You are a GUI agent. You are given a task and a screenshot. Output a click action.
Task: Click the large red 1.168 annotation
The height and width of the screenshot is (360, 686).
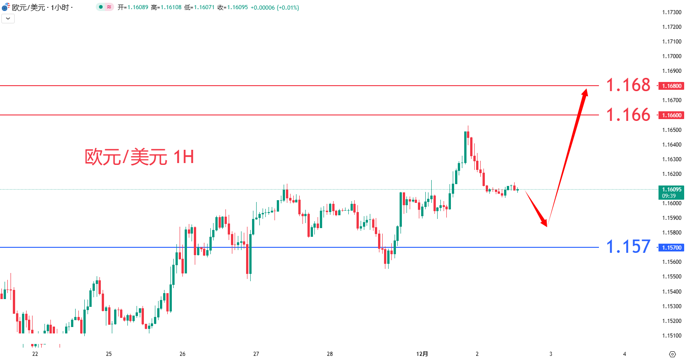click(x=628, y=85)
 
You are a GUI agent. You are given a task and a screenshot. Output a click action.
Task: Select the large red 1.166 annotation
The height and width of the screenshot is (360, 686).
click(x=628, y=115)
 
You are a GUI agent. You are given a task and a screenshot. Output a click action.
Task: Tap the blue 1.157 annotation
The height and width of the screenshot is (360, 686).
click(x=628, y=247)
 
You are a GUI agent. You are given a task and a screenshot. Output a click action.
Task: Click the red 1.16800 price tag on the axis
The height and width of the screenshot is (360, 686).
click(x=671, y=86)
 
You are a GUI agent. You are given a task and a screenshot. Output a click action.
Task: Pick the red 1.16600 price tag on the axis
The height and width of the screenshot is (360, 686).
click(x=671, y=115)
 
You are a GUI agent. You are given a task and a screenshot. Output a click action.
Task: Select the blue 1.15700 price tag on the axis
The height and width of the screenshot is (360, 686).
click(x=671, y=247)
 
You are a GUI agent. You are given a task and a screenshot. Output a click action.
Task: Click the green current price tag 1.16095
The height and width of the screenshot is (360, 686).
click(x=671, y=189)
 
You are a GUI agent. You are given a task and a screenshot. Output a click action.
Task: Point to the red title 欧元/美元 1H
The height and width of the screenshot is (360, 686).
click(x=139, y=157)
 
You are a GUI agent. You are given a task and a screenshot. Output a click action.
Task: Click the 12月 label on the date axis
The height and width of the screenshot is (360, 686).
click(x=422, y=354)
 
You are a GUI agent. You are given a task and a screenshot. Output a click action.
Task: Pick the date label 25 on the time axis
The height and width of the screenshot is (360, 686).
click(x=109, y=354)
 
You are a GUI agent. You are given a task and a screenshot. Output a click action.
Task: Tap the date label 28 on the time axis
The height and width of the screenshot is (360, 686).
click(x=330, y=354)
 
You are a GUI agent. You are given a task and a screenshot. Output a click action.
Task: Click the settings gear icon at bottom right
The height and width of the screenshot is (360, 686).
click(x=672, y=354)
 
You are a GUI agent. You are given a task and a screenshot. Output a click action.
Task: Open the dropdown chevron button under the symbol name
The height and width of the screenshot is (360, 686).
click(x=8, y=18)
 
